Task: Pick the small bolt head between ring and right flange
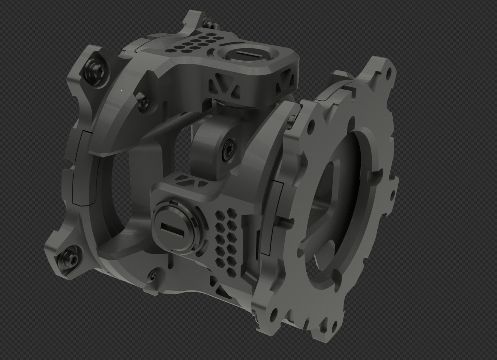(292, 119)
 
